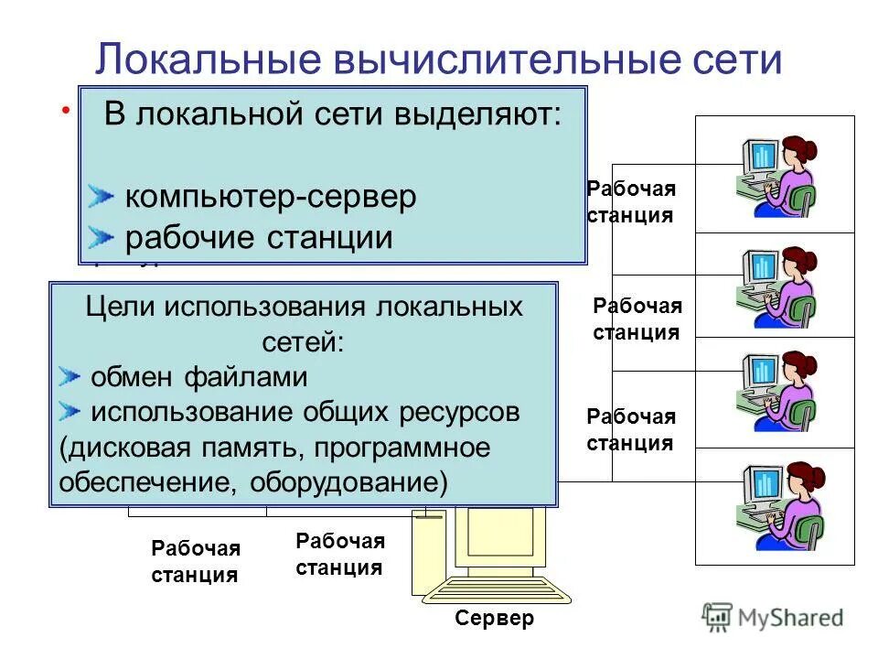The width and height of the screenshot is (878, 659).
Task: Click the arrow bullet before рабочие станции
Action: click(x=102, y=238)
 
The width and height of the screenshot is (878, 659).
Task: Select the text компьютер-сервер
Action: click(x=270, y=196)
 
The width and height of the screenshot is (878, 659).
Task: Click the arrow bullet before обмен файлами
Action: click(x=70, y=376)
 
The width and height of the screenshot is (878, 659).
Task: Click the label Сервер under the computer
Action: click(x=494, y=619)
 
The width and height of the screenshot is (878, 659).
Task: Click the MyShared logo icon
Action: click(x=719, y=616)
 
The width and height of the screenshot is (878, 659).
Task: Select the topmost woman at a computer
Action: click(x=776, y=176)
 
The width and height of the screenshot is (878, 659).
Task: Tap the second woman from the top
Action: click(x=777, y=286)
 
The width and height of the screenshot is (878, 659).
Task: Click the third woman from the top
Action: click(x=777, y=390)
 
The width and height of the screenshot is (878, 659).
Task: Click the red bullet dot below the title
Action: click(x=66, y=111)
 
